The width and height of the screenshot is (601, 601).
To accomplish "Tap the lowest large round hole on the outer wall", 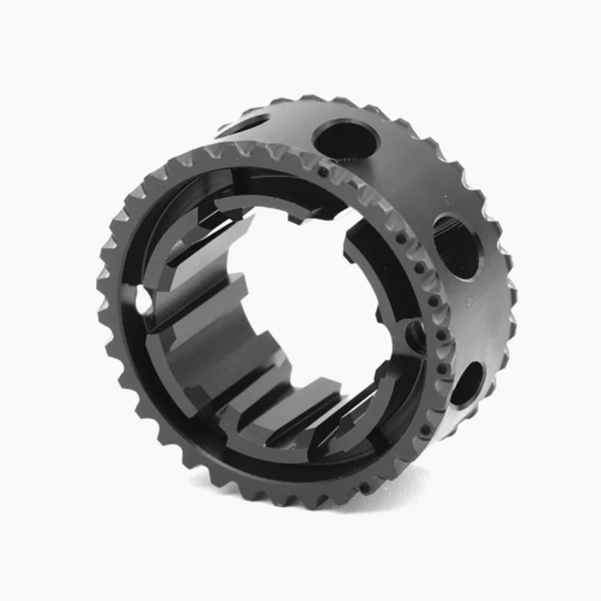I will pyautogui.click(x=467, y=382).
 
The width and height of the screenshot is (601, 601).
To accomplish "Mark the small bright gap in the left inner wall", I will pyautogui.click(x=143, y=301).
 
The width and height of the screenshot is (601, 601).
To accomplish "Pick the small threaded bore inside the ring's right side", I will pyautogui.click(x=415, y=331).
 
